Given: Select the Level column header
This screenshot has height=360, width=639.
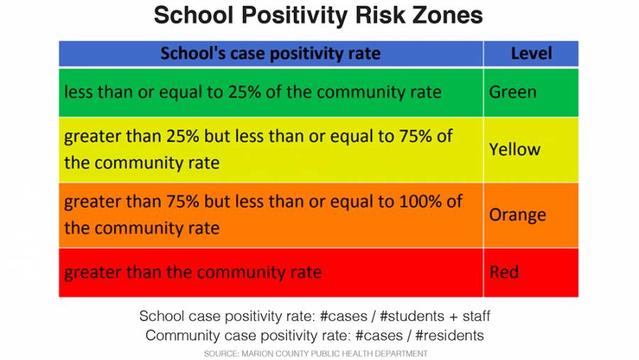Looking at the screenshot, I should pos(531,53).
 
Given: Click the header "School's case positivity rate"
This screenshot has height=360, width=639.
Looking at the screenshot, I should pos(271,53).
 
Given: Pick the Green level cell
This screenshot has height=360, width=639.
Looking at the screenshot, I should pos(513,92).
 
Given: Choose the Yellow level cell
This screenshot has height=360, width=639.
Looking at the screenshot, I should pos(515,149).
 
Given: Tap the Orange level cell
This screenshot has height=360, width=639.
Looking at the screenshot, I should pos(518,214).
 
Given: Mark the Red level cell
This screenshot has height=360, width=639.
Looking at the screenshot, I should pos(504,272).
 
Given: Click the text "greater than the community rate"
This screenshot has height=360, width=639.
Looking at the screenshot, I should pos(193,272).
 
